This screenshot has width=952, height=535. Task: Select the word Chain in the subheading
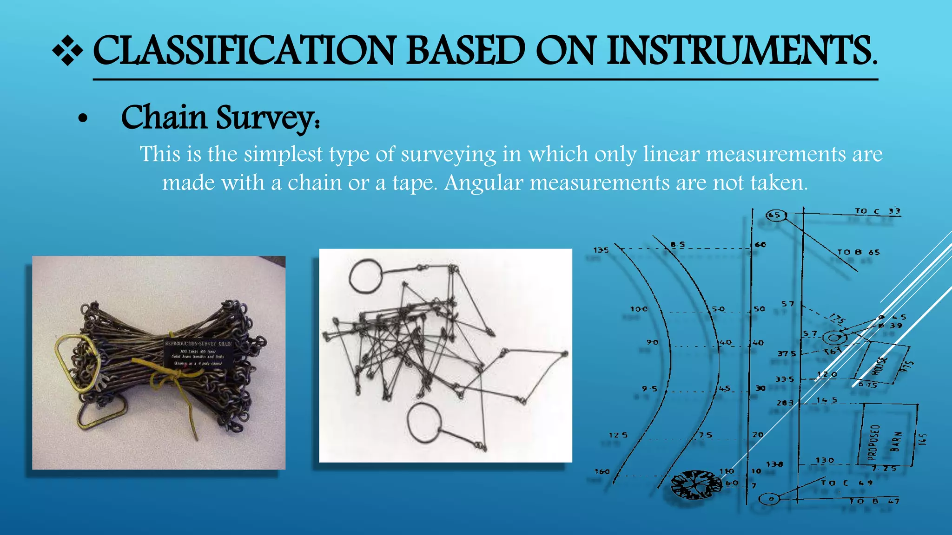tap(164, 117)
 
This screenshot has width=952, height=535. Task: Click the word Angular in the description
tap(483, 183)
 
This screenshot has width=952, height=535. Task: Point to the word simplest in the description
tap(283, 154)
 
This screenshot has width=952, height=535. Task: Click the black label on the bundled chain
tap(198, 353)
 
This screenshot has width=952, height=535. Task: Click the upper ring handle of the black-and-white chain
tap(365, 276)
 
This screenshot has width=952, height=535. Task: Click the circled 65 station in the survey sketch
tap(775, 215)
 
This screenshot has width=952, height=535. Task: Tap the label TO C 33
tap(877, 211)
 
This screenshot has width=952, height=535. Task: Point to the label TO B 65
tap(858, 252)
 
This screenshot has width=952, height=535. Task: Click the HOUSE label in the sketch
tap(879, 365)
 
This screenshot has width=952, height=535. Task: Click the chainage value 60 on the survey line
tap(760, 245)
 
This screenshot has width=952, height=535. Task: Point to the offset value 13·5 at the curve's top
tap(601, 250)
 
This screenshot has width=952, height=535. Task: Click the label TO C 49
tap(846, 483)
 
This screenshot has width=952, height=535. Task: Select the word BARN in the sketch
tap(896, 441)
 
